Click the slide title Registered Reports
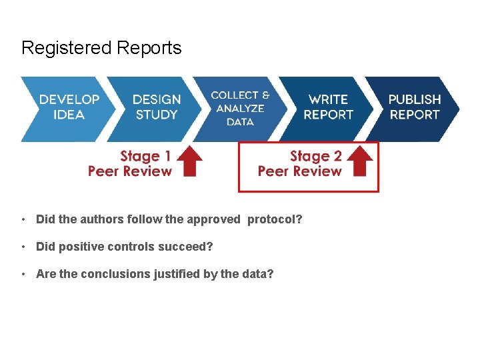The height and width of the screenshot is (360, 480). point(101,48)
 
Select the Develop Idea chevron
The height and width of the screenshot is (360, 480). point(69,107)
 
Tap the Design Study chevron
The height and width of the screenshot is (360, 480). point(157,107)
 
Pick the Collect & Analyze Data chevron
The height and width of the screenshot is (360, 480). point(240,108)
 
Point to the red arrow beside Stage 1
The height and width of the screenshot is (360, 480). point(192,162)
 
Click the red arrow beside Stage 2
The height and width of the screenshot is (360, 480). point(361,162)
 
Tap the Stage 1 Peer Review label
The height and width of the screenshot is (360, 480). point(130,164)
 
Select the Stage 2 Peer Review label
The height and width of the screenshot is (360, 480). point(300,164)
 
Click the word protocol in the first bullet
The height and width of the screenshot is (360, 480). point(273,219)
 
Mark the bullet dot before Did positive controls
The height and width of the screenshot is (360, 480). point(23,247)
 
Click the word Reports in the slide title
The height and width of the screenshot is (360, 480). point(149,48)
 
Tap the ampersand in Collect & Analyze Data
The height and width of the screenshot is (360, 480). point(265,95)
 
